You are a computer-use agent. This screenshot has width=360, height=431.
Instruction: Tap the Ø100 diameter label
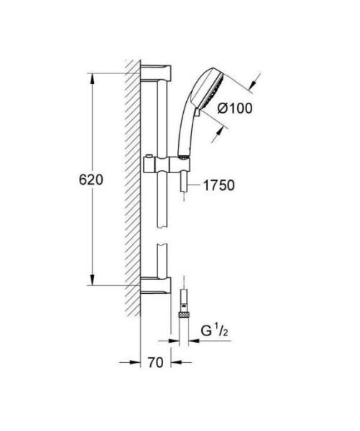coord(234,109)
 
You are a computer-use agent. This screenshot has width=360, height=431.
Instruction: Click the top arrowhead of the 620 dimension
coord(91,77)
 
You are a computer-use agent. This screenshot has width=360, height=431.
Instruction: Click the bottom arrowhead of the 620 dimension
coord(91,281)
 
